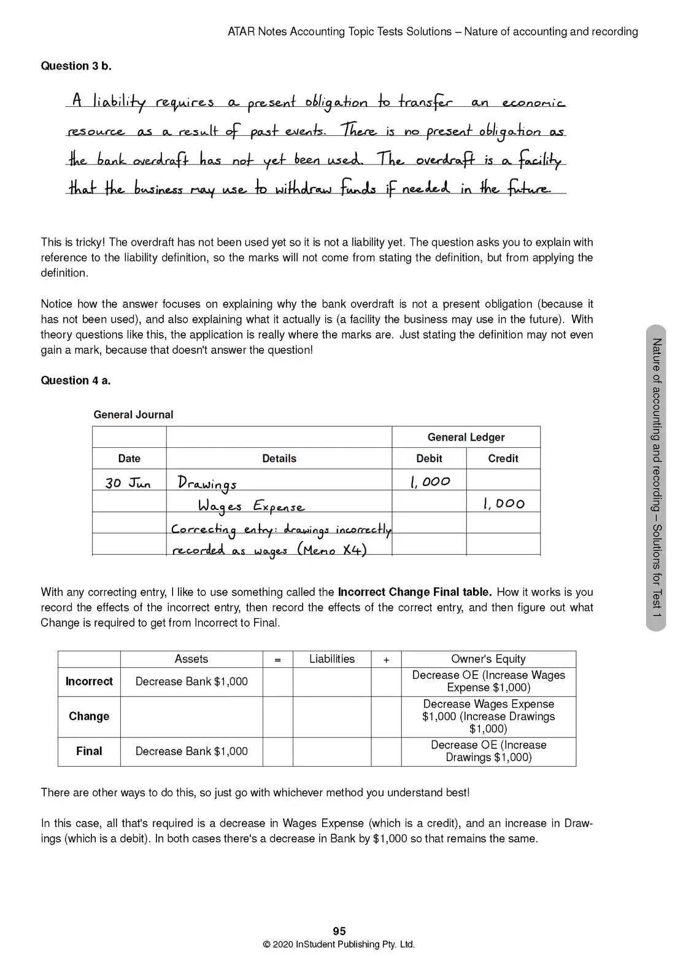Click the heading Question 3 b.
(76, 66)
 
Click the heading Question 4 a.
(75, 380)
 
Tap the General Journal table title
(133, 415)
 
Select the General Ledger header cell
(466, 437)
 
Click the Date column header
(129, 458)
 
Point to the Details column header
(279, 458)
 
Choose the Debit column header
(429, 458)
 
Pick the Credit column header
(503, 458)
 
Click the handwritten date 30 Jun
(128, 483)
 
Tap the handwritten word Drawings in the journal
(207, 484)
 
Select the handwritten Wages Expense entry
(251, 506)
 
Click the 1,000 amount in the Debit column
(430, 482)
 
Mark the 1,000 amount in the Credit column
(503, 504)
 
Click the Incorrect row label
(89, 681)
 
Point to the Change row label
(89, 716)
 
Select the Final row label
(89, 751)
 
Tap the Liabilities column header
(332, 659)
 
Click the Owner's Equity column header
(488, 659)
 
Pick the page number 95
(339, 931)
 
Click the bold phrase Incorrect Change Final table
(414, 592)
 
